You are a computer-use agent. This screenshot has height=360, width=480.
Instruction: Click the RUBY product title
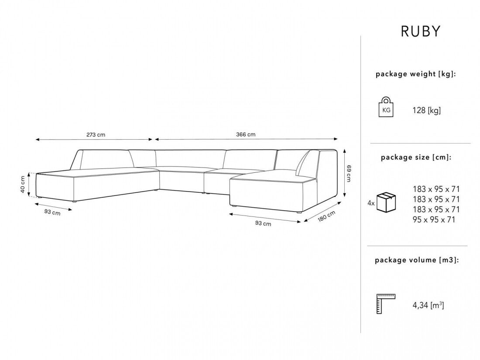[421, 31]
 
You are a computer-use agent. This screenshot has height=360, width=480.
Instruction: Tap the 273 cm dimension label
[96, 134]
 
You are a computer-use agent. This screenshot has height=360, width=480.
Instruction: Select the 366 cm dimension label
[246, 134]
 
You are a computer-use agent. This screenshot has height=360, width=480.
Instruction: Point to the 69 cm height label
[349, 173]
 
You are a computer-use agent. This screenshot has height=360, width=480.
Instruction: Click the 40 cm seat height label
[23, 184]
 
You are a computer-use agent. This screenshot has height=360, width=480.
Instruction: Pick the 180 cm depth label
[327, 216]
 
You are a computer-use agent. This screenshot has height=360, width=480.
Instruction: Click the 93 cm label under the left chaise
[52, 212]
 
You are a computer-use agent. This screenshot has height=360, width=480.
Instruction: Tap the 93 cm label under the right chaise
[263, 223]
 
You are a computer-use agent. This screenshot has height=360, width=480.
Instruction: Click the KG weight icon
[386, 107]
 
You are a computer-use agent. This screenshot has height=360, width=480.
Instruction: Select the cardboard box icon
[386, 202]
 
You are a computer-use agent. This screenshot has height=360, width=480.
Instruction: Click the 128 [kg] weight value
[426, 110]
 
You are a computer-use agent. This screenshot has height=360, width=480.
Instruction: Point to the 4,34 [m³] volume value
[428, 305]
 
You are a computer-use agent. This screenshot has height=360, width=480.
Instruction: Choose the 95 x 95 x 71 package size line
[434, 219]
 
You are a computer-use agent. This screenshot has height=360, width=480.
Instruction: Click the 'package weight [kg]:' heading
[416, 74]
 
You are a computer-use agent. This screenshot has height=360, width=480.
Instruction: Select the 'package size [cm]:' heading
[416, 158]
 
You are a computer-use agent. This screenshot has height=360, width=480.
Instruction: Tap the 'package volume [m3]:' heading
[417, 260]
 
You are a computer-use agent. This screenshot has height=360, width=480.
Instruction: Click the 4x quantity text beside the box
[371, 203]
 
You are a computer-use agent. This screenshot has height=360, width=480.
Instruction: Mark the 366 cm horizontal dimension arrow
[246, 139]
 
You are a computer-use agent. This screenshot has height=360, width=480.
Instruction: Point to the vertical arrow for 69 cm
[345, 173]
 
